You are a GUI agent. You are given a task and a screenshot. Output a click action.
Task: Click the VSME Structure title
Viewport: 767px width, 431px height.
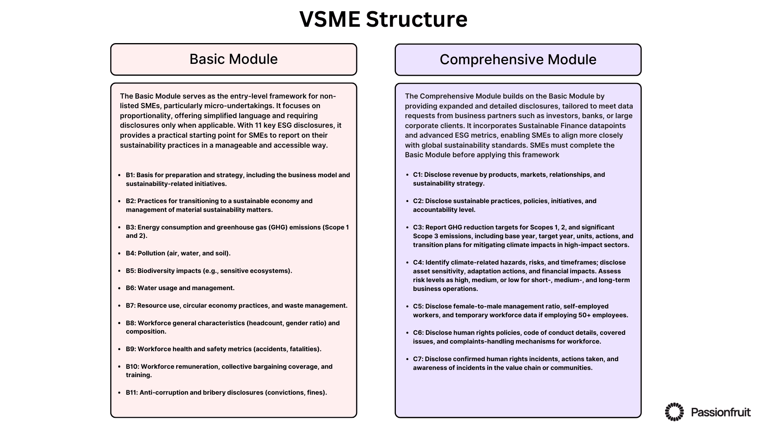tap(383, 19)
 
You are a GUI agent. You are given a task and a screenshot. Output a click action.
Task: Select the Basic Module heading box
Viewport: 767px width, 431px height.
tap(233, 59)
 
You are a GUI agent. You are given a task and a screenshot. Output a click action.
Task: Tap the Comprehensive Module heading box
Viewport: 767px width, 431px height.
tap(518, 60)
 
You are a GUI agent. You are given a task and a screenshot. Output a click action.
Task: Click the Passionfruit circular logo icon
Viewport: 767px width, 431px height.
tap(674, 412)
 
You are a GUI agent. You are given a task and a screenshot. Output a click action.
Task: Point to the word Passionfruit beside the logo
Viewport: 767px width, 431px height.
tap(721, 412)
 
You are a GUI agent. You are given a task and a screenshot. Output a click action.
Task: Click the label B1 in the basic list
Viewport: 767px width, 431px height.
tap(130, 175)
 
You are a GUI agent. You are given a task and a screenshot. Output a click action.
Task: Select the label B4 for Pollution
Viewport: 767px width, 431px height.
tap(131, 253)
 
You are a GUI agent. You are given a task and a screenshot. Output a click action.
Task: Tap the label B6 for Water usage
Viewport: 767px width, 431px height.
tap(131, 288)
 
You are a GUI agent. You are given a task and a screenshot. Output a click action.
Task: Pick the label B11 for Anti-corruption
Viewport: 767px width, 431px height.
tap(131, 393)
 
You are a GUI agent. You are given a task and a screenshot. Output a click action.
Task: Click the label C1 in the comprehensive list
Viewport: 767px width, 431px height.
tap(418, 175)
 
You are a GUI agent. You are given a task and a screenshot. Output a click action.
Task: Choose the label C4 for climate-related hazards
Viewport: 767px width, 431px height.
tap(418, 263)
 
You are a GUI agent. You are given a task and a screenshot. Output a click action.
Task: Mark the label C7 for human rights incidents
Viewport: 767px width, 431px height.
tap(418, 359)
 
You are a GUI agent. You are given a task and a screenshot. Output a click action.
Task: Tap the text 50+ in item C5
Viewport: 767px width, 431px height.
tap(584, 315)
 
